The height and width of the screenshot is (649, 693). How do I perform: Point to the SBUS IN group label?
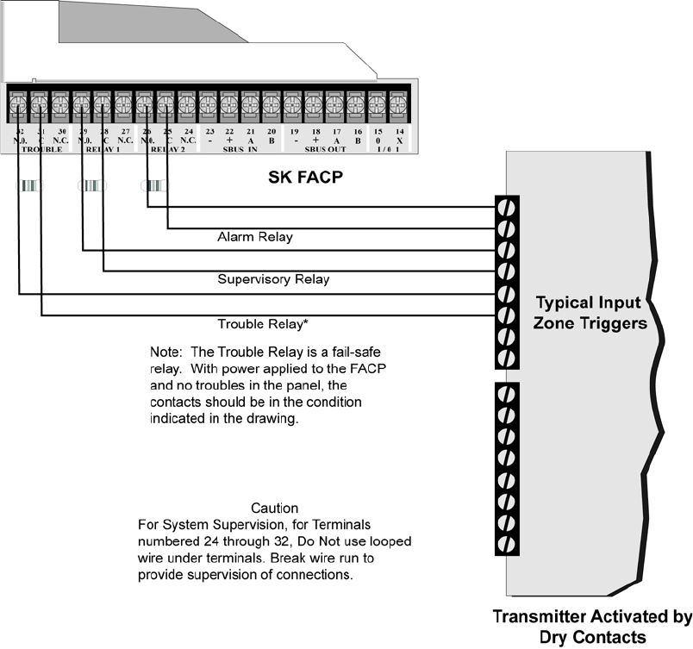coord(239,148)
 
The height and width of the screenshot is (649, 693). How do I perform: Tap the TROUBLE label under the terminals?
coord(41,148)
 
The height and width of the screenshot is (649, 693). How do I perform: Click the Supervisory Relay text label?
coord(273,279)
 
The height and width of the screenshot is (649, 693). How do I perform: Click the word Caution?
coord(274,509)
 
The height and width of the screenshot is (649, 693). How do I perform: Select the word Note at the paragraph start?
coord(164,353)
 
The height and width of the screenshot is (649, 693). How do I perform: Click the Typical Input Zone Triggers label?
coord(589,313)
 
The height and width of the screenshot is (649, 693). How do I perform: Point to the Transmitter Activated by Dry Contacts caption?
coord(592,627)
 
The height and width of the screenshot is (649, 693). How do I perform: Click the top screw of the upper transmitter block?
coord(507,208)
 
